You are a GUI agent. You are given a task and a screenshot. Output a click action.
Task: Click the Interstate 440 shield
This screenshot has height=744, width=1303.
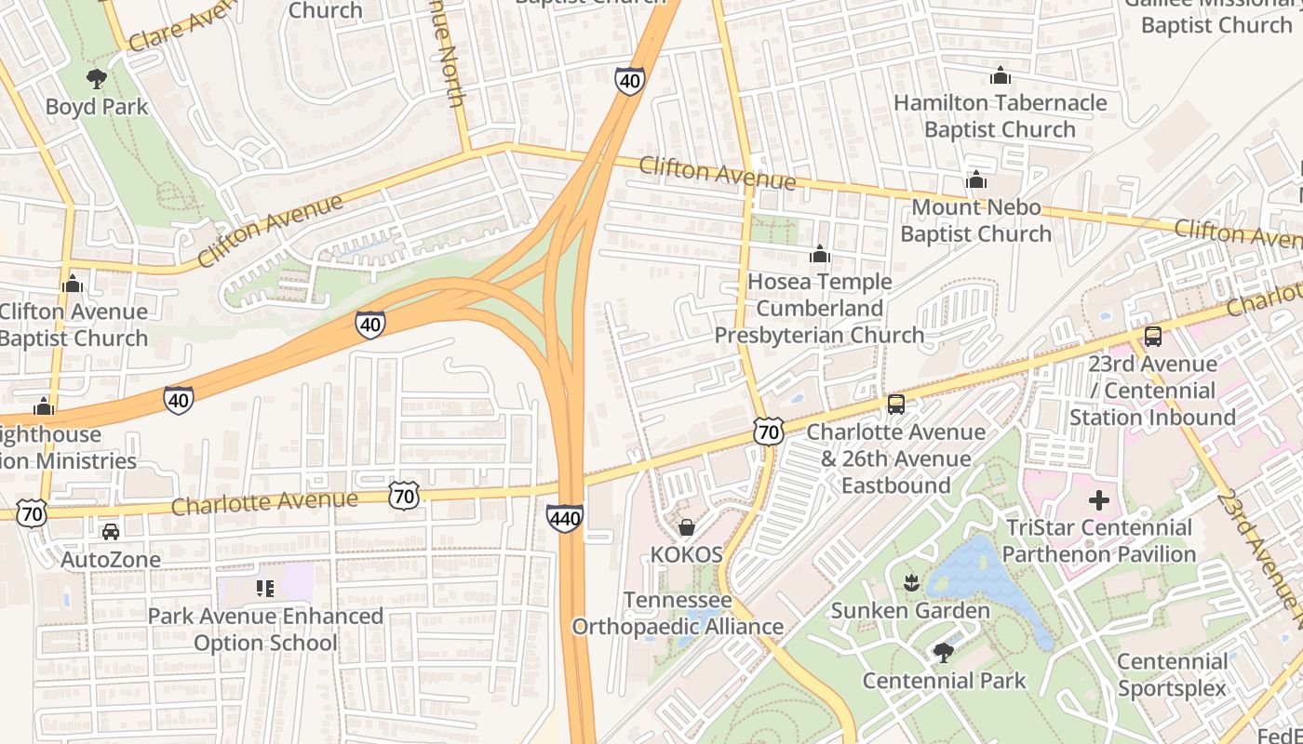coord(565,519)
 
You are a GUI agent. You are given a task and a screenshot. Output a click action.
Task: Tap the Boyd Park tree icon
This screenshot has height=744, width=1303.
coord(96,79)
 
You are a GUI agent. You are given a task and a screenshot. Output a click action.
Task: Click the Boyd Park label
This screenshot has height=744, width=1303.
coord(97,107)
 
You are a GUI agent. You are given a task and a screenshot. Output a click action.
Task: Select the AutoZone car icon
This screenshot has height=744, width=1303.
coord(110,532)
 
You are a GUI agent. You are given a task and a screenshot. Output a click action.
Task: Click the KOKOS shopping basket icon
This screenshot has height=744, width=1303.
coord(686,528)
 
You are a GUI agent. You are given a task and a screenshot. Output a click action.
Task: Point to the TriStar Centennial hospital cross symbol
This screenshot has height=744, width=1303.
coord(1099,500)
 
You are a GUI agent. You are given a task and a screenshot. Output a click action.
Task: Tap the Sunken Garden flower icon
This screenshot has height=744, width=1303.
coord(910,583)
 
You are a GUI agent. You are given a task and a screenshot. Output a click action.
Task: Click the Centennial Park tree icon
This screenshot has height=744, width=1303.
coord(943,653)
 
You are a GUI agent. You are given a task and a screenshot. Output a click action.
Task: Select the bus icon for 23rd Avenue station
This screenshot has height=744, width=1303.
coord(1152,337)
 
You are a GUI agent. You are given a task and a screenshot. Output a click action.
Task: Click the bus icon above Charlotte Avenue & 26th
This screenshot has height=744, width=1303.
coord(895,405)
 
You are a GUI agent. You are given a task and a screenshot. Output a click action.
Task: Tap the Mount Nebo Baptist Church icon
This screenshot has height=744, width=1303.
coord(975,179)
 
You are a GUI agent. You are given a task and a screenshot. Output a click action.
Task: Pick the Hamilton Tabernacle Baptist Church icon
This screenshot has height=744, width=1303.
coord(1000,75)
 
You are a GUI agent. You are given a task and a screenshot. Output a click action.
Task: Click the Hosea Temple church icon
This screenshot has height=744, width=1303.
coord(819,254)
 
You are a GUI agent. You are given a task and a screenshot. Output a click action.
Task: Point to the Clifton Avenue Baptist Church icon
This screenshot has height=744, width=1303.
coord(72,284)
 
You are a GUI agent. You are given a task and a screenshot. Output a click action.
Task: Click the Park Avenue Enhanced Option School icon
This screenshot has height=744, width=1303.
coord(265,589)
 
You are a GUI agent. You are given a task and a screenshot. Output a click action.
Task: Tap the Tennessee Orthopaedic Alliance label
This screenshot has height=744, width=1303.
coord(678,614)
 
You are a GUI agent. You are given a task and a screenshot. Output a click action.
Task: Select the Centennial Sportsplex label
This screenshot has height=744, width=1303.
coord(1172,675)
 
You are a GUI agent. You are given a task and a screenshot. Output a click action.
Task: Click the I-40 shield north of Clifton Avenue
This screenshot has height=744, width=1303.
coord(629,81)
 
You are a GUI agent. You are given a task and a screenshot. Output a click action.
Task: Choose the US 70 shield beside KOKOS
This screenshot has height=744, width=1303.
coord(769,431)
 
